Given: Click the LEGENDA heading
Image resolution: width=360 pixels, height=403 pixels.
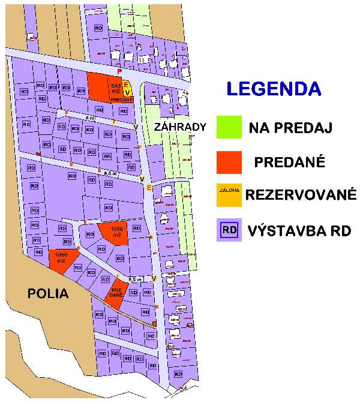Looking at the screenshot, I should coord(273,89).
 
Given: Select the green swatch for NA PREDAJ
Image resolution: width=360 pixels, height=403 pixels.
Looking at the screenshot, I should coord(229,127).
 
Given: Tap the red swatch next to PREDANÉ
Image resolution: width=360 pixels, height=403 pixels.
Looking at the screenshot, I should coord(229,162).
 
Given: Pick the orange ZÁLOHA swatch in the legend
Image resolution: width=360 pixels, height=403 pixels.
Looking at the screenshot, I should coord(229,195).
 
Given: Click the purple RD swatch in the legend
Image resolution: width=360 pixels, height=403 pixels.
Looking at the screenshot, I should coord(229,230).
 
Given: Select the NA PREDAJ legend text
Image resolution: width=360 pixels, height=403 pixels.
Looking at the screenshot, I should coord(290,128).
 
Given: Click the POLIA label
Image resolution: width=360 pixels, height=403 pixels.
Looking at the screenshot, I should coord(47,293).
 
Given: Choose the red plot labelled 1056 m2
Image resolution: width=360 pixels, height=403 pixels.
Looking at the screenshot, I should coord(61,259).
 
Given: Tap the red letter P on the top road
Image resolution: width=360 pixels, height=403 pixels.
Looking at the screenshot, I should coord(119,71).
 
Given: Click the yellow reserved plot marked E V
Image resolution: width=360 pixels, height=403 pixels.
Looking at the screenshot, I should coord(127,89).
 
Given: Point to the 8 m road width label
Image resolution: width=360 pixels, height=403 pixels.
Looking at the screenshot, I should coord(90,118).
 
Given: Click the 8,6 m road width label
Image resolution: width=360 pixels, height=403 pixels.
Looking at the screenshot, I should coord(110,173).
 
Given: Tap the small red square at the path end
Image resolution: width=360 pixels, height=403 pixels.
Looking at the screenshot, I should coord(154,324).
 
